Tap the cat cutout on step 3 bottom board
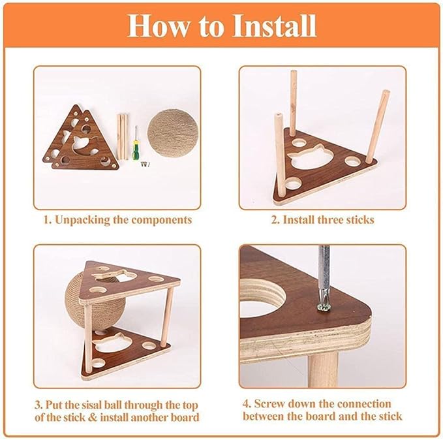[x=108, y=339]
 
